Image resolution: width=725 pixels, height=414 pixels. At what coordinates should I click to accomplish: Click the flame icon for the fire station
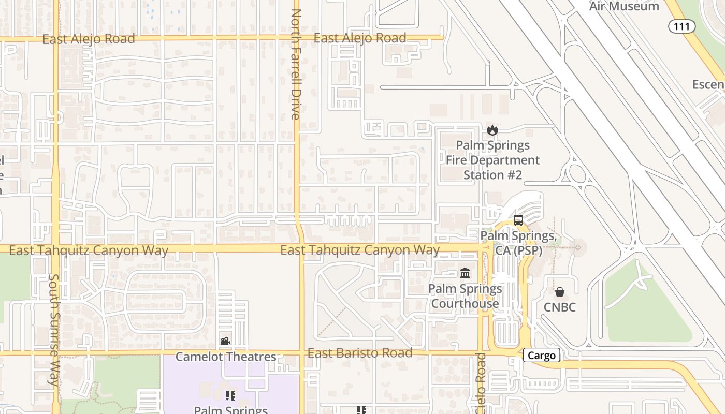pos(492,130)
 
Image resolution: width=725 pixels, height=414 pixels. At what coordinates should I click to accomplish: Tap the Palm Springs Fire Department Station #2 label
pos(492,160)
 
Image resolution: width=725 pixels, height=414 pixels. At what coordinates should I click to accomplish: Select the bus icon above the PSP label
pos(518,220)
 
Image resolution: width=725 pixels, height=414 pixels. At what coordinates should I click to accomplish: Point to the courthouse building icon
pos(465,273)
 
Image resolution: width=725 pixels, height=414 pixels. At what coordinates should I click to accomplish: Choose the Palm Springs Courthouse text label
pos(465,296)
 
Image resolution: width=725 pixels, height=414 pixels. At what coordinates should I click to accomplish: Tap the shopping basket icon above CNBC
pos(559,292)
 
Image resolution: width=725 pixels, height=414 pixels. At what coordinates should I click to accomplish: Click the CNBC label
pos(559,307)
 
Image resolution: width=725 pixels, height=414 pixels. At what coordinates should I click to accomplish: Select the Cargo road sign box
pos(542,355)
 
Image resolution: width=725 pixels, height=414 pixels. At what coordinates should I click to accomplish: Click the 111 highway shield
pos(682,26)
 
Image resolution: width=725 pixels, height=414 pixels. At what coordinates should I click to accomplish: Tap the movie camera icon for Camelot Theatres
pos(225,341)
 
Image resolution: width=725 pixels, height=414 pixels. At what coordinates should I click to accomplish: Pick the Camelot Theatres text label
pos(226,357)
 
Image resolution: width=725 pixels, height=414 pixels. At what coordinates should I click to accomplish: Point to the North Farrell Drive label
pos(296,64)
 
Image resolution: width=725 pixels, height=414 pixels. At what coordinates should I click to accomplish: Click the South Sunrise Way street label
pos(54,330)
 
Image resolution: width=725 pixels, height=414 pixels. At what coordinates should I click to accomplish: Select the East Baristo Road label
pos(360,353)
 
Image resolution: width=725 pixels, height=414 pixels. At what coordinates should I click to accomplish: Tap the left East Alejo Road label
pos(89,39)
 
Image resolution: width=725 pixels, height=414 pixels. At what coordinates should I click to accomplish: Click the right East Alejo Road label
pos(360,38)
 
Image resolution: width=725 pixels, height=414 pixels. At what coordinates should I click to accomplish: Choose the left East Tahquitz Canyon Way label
pos(89,250)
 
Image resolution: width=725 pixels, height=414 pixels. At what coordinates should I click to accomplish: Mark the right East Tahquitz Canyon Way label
pos(360,250)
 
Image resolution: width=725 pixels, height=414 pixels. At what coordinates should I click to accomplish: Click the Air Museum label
pos(624,6)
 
